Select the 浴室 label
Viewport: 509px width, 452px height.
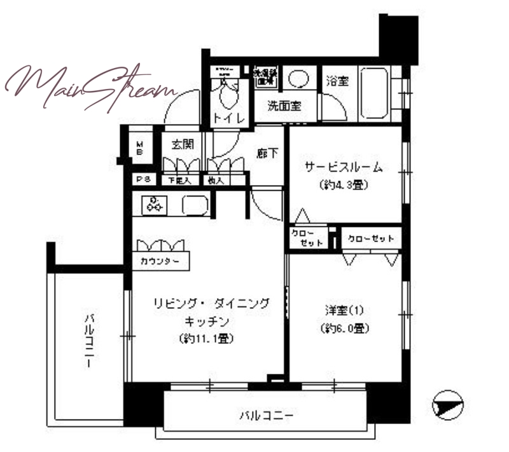(337, 81)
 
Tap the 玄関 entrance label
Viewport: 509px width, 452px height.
(183, 144)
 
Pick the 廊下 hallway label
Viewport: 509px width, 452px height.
(267, 153)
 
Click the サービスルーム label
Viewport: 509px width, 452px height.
(344, 168)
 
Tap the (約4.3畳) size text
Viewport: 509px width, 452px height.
(344, 186)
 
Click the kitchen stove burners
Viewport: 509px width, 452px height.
(154, 204)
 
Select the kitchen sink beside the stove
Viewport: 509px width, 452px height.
(195, 205)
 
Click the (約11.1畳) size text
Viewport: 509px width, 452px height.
(207, 339)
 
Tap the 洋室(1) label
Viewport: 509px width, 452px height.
(343, 311)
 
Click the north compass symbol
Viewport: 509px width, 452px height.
(447, 405)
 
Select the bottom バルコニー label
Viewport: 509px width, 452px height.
(266, 416)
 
